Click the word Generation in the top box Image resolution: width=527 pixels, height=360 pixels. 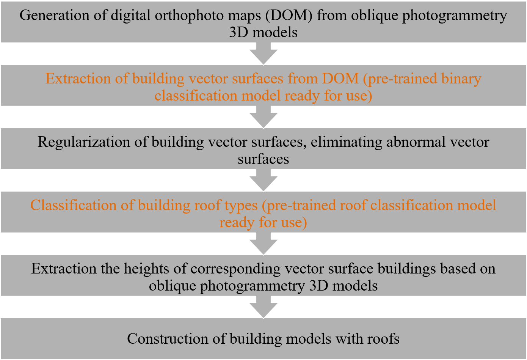click(54, 15)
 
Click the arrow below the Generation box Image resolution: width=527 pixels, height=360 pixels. click(263, 54)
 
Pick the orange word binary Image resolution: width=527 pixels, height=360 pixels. click(461, 79)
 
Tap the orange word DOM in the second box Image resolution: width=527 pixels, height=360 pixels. click(340, 79)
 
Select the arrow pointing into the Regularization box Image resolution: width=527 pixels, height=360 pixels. click(263, 117)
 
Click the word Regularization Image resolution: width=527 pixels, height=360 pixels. click(84, 143)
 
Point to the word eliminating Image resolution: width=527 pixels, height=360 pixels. click(346, 143)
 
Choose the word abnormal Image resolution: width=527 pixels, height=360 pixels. click(416, 142)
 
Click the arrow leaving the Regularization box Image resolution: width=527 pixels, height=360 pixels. click(263, 180)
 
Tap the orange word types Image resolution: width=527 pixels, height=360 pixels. click(241, 206)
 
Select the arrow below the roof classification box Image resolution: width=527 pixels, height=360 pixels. click(263, 244)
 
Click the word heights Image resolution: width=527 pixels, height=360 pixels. click(146, 269)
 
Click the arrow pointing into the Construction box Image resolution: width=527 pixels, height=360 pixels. click(263, 307)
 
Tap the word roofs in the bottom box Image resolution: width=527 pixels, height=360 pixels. click(383, 339)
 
